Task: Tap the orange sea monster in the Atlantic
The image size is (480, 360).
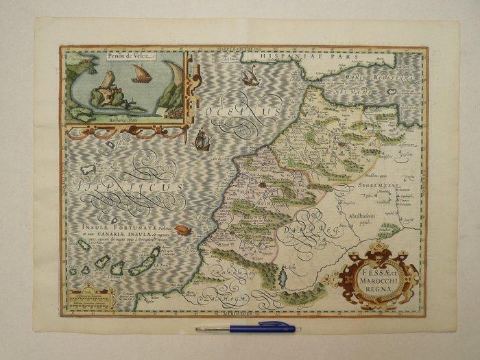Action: [x=182, y=230]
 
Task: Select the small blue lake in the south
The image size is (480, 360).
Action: [x=283, y=279]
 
